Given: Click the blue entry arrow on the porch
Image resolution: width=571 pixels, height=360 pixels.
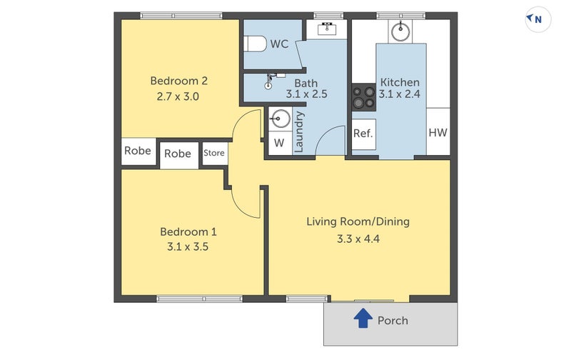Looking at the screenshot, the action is pos(363,318).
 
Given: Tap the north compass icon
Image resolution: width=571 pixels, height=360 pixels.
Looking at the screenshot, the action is pos(538,19).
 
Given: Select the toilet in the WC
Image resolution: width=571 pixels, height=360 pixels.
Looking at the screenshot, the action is pos(255,44).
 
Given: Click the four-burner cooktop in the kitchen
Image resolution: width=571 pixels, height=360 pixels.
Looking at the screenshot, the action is pos(363,97).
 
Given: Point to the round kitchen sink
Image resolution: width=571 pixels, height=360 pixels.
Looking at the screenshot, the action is pos(400,31).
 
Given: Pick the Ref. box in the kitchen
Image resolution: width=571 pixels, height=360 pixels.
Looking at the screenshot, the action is pos(363,134).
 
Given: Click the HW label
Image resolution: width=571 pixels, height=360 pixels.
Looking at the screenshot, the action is pos(438,133).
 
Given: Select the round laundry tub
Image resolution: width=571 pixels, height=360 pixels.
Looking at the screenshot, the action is pos(280,119).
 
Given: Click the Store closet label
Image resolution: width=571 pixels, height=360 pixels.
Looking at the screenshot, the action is pos(213,153).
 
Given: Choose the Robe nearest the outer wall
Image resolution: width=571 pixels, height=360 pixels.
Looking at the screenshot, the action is pos(138,151).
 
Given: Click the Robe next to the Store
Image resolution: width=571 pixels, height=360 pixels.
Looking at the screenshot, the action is pos(178,154).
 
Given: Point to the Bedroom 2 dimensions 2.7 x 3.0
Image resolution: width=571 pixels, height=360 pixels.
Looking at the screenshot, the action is pos(178,96).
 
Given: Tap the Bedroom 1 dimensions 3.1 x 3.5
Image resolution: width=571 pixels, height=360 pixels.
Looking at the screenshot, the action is pos(188,246).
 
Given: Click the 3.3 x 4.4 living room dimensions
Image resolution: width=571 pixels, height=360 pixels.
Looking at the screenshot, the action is pos(358,239).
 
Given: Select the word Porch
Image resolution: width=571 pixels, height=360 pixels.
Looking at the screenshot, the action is pos(393,321).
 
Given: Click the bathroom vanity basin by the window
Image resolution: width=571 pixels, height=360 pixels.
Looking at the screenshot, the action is pos(327,29).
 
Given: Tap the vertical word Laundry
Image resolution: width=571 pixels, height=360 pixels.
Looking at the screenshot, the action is pos(298,132).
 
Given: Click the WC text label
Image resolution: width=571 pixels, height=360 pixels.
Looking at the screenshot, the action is pos(279,44).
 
